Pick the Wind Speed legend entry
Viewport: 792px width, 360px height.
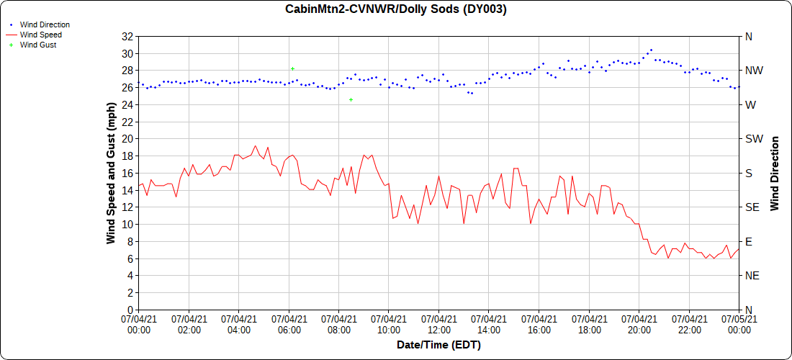(40, 35)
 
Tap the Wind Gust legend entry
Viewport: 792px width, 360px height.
(38, 45)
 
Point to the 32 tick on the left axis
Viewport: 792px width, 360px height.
(127, 36)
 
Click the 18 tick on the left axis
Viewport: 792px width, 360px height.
(127, 156)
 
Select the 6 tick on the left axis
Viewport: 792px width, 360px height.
(130, 258)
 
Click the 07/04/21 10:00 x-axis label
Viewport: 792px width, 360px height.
(389, 325)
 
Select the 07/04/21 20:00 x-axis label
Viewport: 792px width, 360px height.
(639, 325)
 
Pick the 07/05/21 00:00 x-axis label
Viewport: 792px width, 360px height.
(739, 325)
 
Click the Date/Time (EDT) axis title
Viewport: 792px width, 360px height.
(438, 345)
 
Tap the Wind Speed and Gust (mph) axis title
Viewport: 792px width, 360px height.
(111, 173)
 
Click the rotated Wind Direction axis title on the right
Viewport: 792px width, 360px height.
(775, 173)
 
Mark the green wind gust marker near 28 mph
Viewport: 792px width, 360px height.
(292, 68)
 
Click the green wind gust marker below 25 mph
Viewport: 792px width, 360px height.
(351, 99)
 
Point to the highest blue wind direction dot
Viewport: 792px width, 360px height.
(651, 50)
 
